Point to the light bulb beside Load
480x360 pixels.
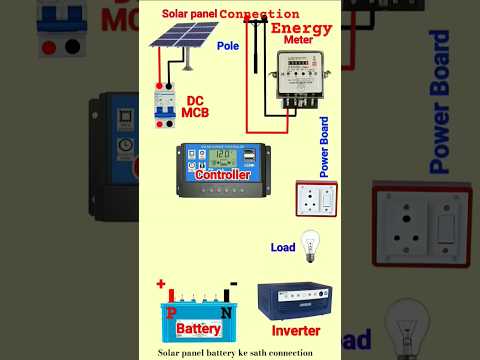(x=310, y=242)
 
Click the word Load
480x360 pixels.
(x=283, y=247)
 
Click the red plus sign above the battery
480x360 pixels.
(x=160, y=284)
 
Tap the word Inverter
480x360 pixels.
(x=295, y=330)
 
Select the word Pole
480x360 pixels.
(x=228, y=46)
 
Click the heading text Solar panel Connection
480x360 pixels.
(x=230, y=14)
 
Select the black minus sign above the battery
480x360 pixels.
(x=232, y=283)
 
